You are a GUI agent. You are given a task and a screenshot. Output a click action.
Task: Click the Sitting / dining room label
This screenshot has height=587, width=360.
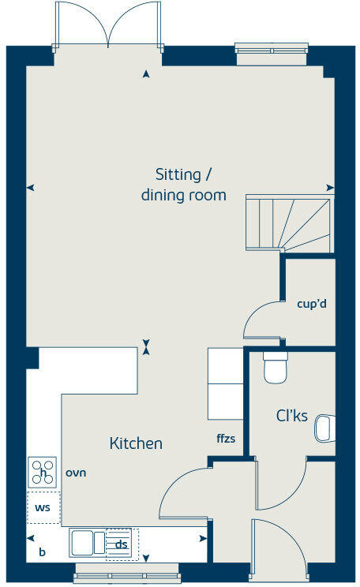(x=183, y=184)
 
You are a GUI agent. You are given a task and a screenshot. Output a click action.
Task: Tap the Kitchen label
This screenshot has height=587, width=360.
(x=136, y=444)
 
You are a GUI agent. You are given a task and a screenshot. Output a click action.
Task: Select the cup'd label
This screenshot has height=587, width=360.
(x=311, y=303)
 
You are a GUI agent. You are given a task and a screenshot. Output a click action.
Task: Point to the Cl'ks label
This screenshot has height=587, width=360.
(x=291, y=416)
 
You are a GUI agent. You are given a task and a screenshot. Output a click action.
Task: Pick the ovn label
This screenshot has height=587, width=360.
(x=76, y=473)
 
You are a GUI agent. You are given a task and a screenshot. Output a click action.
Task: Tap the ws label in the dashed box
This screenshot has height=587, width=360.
(x=43, y=507)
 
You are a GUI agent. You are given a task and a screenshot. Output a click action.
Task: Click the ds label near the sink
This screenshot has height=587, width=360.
(x=121, y=544)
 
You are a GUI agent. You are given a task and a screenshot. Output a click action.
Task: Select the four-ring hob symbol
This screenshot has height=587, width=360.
(x=43, y=472)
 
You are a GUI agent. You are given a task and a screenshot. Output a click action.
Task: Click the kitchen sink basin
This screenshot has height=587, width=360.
(x=82, y=542)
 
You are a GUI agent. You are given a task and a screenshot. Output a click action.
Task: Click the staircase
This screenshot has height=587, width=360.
(x=287, y=222)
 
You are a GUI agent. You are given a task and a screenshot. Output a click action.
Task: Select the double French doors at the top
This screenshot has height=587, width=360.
(x=107, y=25)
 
